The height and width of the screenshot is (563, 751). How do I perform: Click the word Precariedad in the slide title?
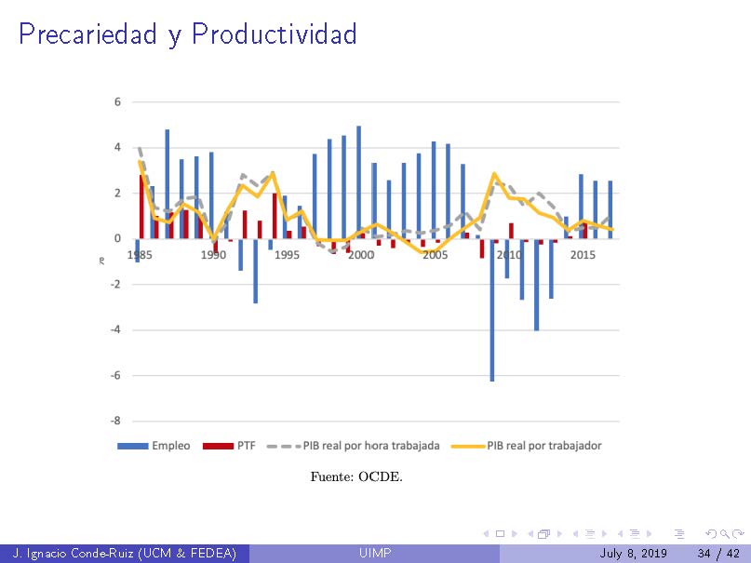coord(88,34)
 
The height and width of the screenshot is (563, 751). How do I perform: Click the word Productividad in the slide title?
coord(275,34)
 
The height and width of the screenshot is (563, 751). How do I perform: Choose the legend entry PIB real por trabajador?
coord(530,446)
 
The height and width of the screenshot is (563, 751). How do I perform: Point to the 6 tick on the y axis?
coord(117,101)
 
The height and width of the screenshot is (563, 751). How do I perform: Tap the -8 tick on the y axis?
coord(115,421)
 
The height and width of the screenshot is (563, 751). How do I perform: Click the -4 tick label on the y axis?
coord(115,329)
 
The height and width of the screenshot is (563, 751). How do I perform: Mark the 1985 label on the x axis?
coord(140,255)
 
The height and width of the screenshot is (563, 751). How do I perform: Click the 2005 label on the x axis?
coord(435,255)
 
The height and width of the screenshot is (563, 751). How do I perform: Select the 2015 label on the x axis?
coord(583,255)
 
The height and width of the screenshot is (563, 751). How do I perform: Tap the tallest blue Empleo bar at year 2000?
coord(358,181)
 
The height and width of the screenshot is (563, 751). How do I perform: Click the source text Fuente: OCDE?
coord(356,477)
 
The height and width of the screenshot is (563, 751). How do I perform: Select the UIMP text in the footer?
coord(375,554)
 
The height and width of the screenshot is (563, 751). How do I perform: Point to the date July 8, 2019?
coord(634,554)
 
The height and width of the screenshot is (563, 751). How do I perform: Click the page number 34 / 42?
coord(717,554)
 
